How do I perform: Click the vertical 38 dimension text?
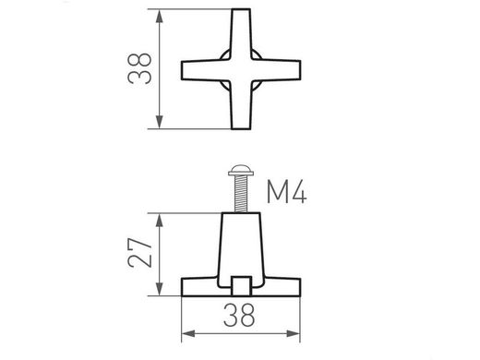[x=140, y=70]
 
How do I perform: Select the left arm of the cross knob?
[x=198, y=71]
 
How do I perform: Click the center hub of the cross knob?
[x=241, y=70]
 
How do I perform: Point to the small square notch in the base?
[x=241, y=283]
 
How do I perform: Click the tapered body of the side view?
[x=241, y=245]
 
